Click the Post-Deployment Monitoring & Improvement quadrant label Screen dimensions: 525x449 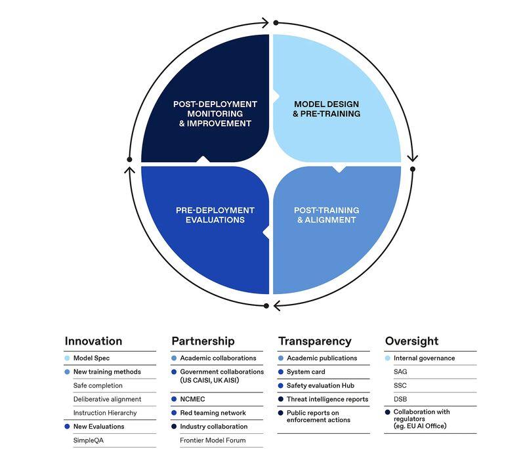[215, 114]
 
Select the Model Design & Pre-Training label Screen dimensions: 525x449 [326, 109]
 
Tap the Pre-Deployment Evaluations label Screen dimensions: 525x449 [215, 215]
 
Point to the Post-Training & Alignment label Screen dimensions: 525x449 [326, 215]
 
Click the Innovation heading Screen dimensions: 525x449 [93, 341]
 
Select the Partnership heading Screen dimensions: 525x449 [203, 341]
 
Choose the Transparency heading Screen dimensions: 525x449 [315, 341]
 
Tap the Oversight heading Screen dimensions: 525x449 [411, 341]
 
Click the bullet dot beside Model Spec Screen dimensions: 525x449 [67, 358]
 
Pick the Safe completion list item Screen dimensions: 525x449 [98, 385]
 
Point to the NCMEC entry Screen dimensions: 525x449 [192, 399]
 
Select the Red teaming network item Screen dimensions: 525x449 [213, 413]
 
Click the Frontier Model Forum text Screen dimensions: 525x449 [213, 440]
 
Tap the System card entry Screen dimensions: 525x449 [306, 372]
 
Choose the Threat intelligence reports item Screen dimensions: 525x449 [327, 399]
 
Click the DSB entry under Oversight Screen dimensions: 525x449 [400, 399]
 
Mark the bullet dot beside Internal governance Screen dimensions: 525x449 [388, 358]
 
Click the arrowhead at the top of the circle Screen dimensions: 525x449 [266, 23]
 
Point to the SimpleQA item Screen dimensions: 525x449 [89, 440]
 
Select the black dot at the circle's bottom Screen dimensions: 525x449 [266, 306]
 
